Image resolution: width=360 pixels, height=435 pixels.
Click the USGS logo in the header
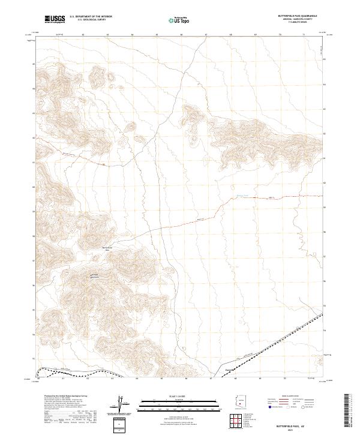(x=55, y=20)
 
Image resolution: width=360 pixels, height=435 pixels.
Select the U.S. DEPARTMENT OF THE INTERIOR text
(x=91, y=17)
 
